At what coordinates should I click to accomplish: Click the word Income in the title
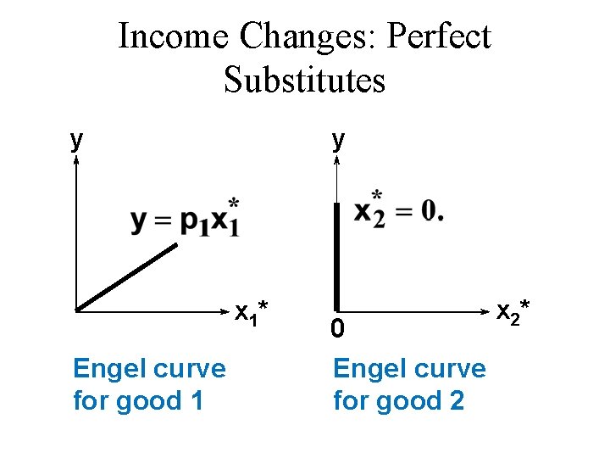[174, 36]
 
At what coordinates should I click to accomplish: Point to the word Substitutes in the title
[305, 80]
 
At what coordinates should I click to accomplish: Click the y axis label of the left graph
[76, 140]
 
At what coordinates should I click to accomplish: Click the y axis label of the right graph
[338, 140]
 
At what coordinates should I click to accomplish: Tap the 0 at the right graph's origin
[337, 329]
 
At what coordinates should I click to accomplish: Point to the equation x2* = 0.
[396, 208]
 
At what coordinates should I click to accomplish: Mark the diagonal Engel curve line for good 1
[127, 276]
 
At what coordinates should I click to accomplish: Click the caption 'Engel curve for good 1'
[149, 384]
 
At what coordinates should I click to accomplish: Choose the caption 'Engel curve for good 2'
[409, 384]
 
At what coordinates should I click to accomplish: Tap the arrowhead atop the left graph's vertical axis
[76, 163]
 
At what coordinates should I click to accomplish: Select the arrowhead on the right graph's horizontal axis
[489, 310]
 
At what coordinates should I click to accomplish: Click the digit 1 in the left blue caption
[195, 400]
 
